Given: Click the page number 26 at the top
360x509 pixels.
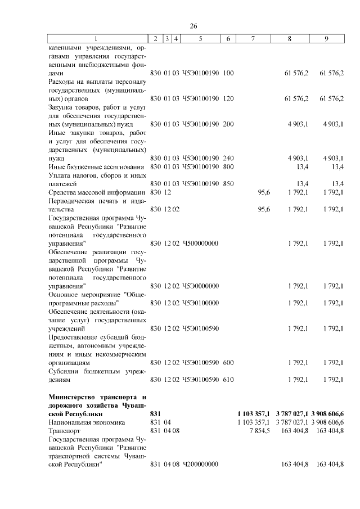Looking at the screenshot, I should [193, 26].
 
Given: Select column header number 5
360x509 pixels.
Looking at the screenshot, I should [201, 38].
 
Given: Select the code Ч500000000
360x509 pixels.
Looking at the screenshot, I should [200, 243].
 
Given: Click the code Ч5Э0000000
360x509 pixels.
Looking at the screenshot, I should [200, 286].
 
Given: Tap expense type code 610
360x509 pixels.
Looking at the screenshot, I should [228, 380].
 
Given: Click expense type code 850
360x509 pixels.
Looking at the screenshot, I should [228, 183].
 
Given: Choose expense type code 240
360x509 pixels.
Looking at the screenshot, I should [228, 159].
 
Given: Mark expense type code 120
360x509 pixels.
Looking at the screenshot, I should [228, 98].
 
